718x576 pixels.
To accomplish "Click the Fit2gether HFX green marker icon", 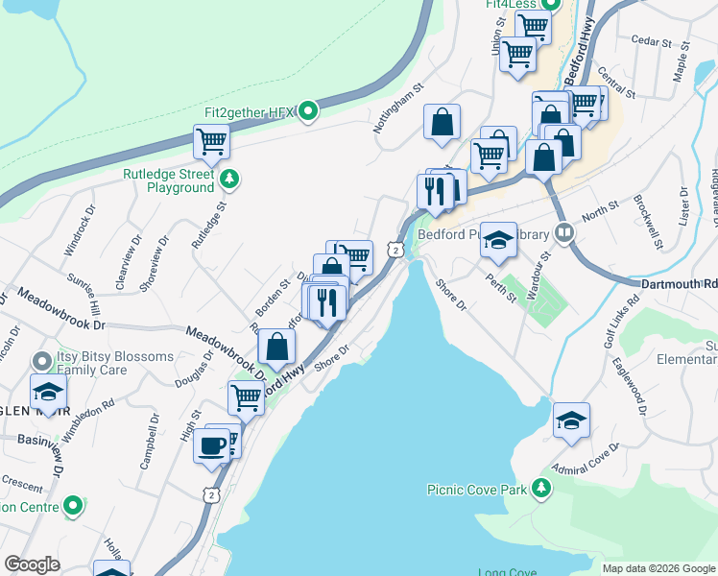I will (x=307, y=112).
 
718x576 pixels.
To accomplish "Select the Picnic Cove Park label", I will (x=478, y=490).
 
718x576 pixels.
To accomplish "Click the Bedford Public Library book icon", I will (x=565, y=232).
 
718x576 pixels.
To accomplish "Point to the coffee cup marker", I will (x=211, y=444).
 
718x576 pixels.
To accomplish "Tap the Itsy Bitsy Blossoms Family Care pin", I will (x=41, y=362).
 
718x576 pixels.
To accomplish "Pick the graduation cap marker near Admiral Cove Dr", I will (x=571, y=420).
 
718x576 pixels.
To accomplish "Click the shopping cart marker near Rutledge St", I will (x=211, y=143).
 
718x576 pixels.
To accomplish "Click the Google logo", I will (x=32, y=564).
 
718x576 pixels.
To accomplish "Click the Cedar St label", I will (x=649, y=40).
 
